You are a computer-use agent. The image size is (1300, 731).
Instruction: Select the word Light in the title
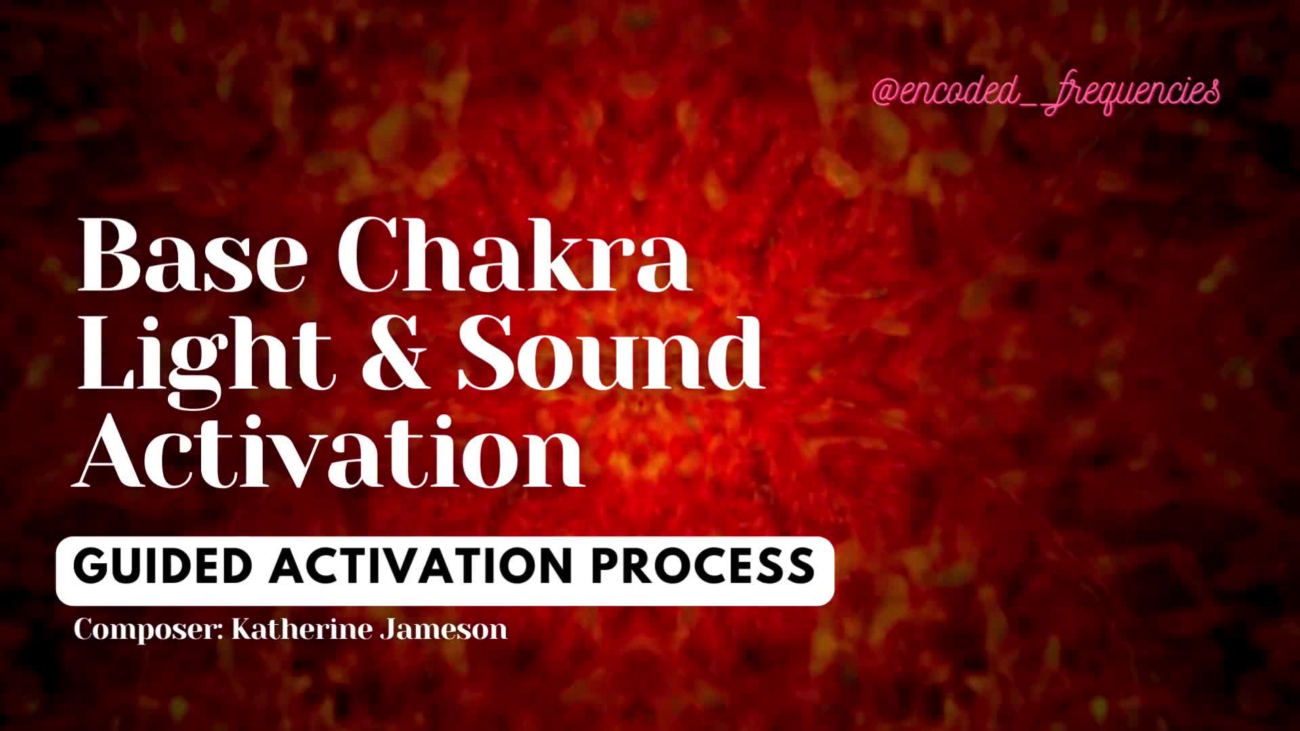[x=206, y=355]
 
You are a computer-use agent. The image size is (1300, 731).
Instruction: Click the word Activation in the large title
[x=329, y=449]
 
